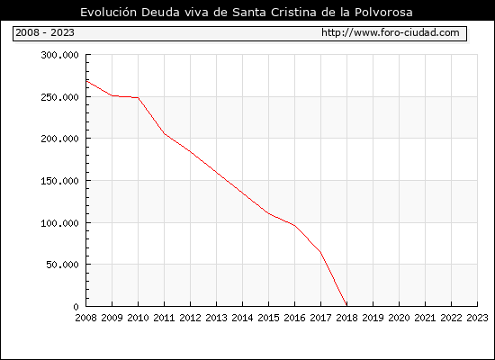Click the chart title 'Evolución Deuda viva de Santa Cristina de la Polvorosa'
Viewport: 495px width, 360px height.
[x=247, y=12]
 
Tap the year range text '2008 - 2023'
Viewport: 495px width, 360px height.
[x=45, y=32]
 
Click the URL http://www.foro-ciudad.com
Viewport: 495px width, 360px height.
[x=391, y=32]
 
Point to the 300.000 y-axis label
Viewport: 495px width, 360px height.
[x=59, y=55]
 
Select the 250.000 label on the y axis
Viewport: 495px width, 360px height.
[x=59, y=97]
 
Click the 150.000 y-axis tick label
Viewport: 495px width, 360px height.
[x=59, y=181]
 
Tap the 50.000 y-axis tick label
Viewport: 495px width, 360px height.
[x=62, y=265]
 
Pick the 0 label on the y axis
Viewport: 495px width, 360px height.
[x=76, y=307]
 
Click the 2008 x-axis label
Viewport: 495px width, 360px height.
[x=85, y=318]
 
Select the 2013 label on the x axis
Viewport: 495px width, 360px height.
[x=216, y=318]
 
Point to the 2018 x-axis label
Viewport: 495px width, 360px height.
[x=346, y=318]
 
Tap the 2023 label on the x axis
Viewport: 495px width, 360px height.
[x=477, y=318]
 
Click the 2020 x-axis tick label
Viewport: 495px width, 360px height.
[x=399, y=318]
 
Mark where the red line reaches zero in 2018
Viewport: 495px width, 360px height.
[x=346, y=306]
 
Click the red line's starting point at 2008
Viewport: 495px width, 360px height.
[x=86, y=81]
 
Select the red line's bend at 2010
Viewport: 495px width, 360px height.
[x=139, y=97]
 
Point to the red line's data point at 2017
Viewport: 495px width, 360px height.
[x=320, y=252]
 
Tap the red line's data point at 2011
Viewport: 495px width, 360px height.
[x=164, y=134]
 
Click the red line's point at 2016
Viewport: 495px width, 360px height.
[x=295, y=226]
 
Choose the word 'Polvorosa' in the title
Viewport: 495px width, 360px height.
[x=383, y=12]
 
